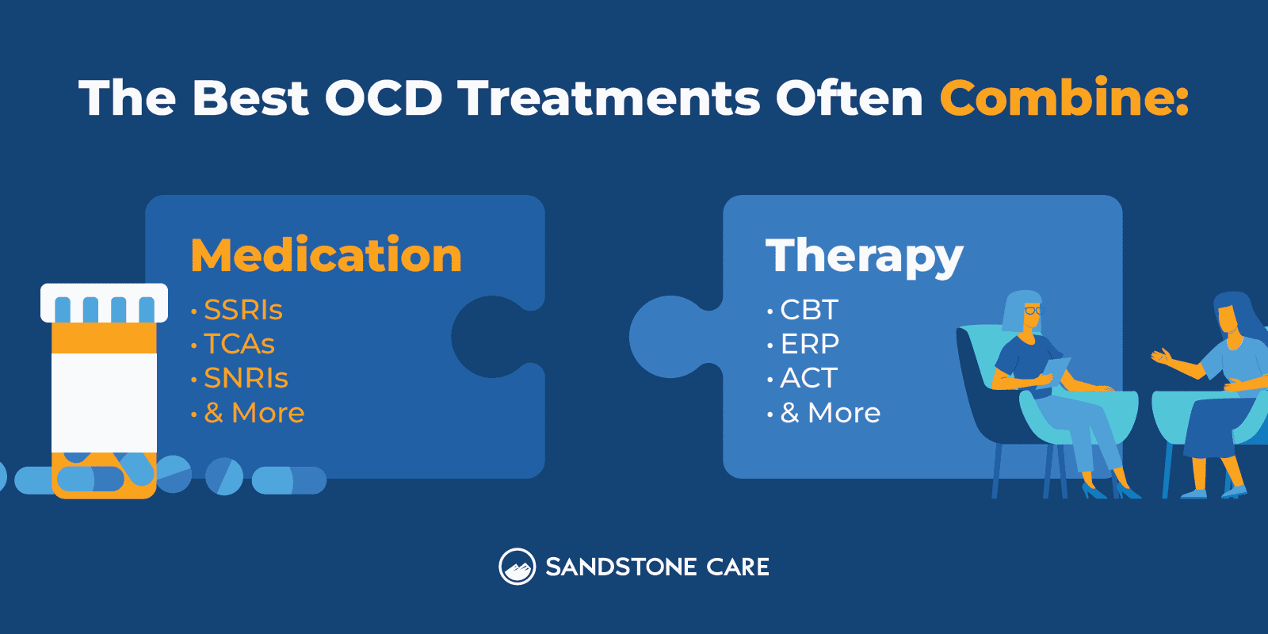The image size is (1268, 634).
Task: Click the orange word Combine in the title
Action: (x=1064, y=98)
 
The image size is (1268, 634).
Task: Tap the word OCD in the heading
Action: (x=383, y=98)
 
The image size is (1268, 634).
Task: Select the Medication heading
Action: (x=326, y=255)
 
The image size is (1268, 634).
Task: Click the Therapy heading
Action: (x=864, y=257)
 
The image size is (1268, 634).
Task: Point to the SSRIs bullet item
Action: (x=243, y=310)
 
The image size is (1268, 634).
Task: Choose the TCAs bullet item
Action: (x=239, y=344)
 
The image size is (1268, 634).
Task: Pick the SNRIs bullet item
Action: (x=246, y=378)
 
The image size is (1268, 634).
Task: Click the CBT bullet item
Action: (x=808, y=310)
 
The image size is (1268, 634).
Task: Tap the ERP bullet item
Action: (x=809, y=344)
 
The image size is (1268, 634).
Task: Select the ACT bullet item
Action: (x=808, y=378)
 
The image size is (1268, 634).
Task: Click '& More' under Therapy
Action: (x=830, y=413)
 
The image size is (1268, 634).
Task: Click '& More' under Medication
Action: (x=254, y=413)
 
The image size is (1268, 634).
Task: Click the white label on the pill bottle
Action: (x=104, y=402)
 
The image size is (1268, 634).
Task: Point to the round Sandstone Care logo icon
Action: (x=517, y=567)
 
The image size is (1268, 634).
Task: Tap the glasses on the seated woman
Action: (x=1033, y=311)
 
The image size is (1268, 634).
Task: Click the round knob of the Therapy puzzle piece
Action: (x=668, y=337)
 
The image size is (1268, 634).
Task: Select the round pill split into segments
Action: (x=224, y=476)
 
